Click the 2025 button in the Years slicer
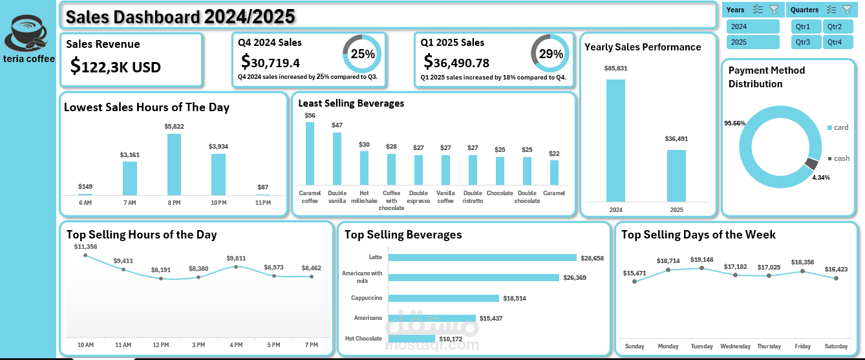(753, 42)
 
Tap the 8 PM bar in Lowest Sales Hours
(174, 164)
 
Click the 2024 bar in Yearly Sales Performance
(615, 140)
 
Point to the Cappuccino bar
(444, 298)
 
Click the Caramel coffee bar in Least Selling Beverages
(310, 154)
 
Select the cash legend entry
(838, 158)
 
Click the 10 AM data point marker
(85, 255)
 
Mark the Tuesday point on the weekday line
(701, 268)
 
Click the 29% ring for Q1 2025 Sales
(551, 54)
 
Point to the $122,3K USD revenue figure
(116, 67)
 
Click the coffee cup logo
(29, 32)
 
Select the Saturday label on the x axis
(837, 346)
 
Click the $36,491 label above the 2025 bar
(676, 138)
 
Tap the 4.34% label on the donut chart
(821, 177)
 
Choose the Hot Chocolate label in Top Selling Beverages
(363, 339)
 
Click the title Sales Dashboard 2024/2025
(181, 16)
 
